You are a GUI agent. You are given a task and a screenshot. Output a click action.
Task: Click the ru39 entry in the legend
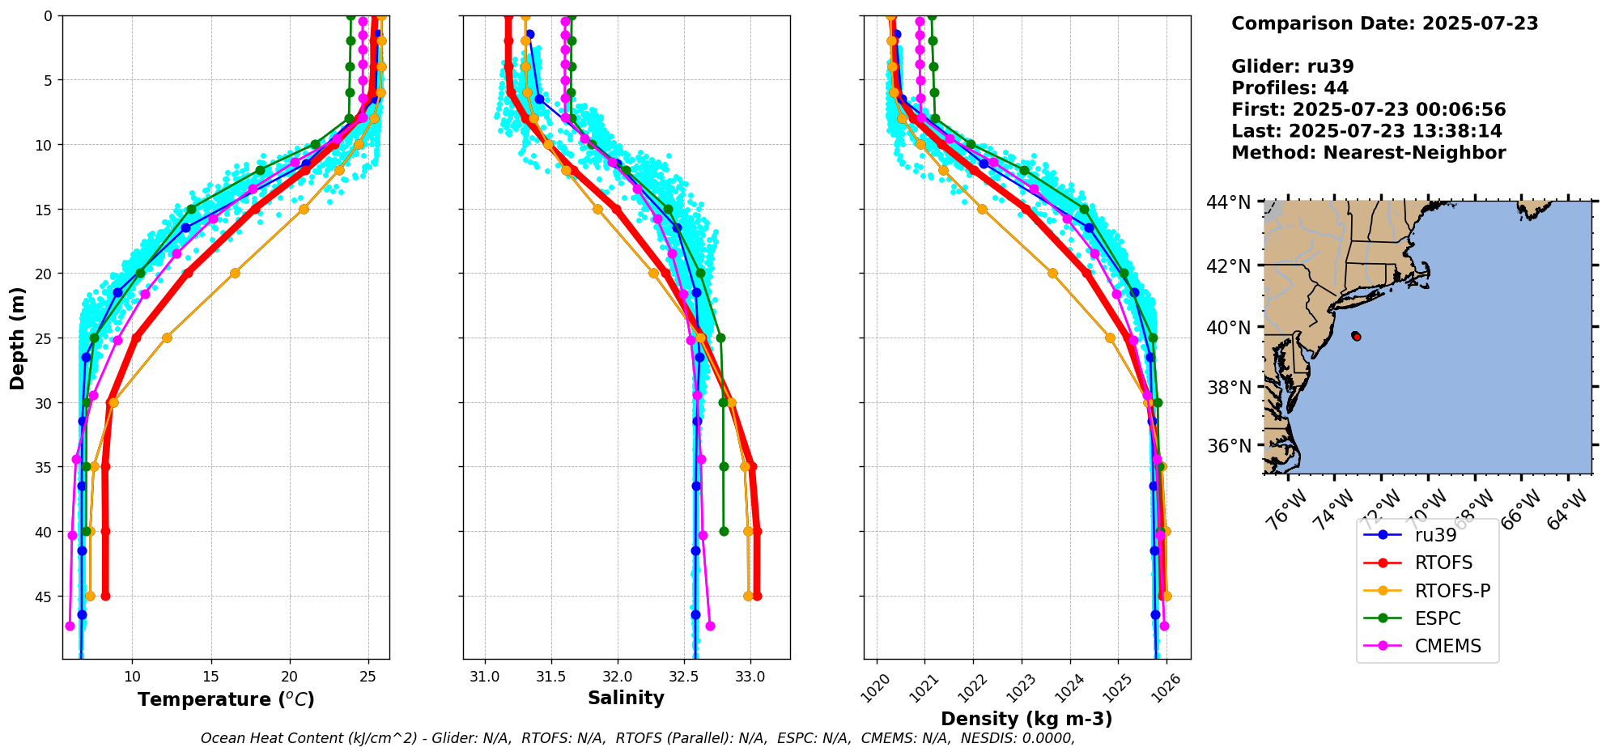click(x=1435, y=535)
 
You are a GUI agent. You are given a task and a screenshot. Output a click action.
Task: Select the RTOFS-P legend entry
click(x=1452, y=591)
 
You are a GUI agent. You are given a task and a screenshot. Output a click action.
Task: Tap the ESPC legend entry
click(x=1438, y=618)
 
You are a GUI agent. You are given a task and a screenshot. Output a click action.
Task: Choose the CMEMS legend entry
click(x=1447, y=646)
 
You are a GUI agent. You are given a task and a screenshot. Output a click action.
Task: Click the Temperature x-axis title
click(x=226, y=699)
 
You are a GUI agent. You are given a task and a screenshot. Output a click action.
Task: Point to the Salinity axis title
click(x=626, y=698)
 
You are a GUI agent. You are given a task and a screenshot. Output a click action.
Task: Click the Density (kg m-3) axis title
click(x=1026, y=719)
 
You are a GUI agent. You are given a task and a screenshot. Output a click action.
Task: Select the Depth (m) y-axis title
click(x=17, y=338)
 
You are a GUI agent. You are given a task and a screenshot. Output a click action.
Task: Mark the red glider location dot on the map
click(x=1356, y=336)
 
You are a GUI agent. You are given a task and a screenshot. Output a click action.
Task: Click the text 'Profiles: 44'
click(x=1290, y=88)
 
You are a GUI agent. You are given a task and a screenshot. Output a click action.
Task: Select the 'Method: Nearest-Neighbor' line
click(x=1368, y=153)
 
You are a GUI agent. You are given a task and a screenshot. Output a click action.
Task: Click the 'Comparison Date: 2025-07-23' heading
click(x=1384, y=23)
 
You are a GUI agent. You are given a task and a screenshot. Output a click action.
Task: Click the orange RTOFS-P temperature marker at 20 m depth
click(x=235, y=273)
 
